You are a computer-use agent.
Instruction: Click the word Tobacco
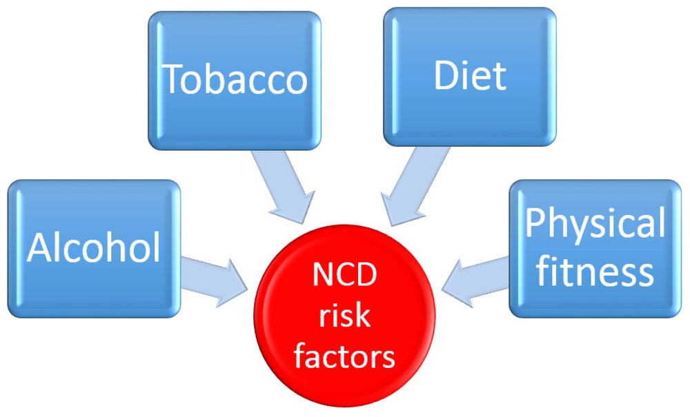point(235,80)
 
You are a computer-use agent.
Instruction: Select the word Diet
point(470,77)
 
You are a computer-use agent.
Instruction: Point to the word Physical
point(595,224)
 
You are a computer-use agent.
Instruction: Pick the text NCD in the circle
point(344,277)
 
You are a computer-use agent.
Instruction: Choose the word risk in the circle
point(344,316)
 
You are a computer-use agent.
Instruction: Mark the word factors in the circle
point(344,357)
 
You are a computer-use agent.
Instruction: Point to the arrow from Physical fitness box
point(476,278)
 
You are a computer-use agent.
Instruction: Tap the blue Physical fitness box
point(595,303)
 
